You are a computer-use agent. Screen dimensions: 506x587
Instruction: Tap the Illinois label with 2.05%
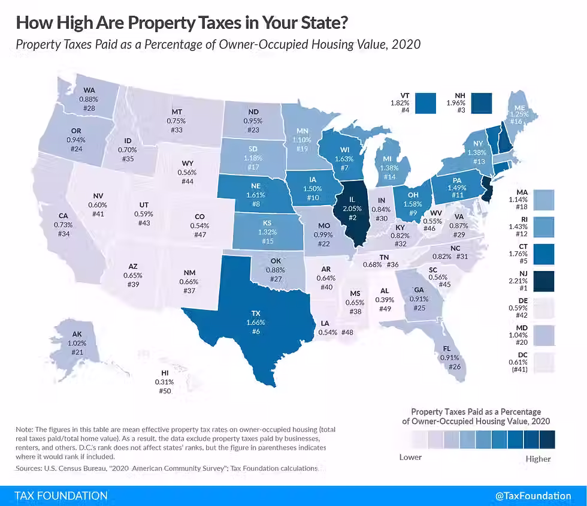pos(352,207)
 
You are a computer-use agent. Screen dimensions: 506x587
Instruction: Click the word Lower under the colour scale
pos(410,457)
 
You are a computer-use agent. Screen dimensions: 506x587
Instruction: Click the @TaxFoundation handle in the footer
pos(533,496)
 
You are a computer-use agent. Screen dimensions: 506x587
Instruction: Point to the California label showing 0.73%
pos(63,224)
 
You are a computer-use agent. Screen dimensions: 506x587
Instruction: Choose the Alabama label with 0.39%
pos(385,300)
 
